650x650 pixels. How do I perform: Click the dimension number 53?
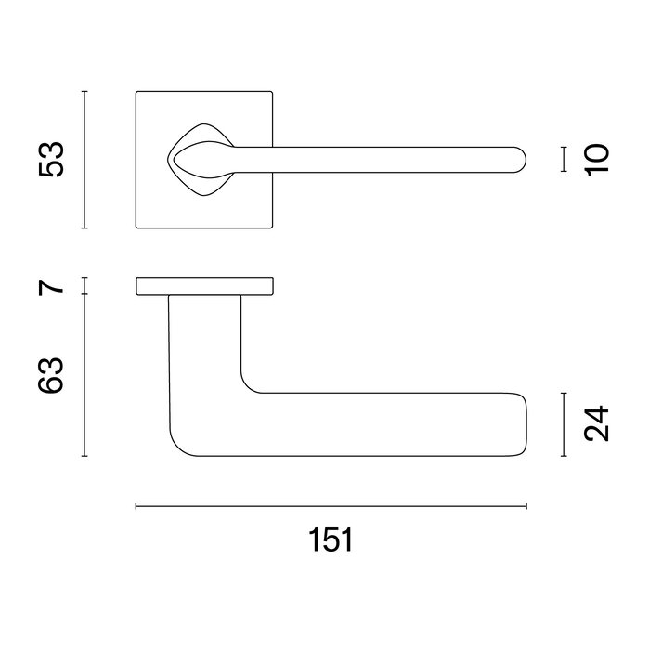tap(51, 160)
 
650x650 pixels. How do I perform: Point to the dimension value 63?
tap(52, 375)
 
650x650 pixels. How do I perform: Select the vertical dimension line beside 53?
tap(84, 160)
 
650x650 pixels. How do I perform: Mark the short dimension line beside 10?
tap(564, 160)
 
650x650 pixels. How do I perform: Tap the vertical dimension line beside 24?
tap(564, 424)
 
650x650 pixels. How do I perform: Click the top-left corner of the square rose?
tap(137, 93)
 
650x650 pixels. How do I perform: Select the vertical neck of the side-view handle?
tap(205, 353)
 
